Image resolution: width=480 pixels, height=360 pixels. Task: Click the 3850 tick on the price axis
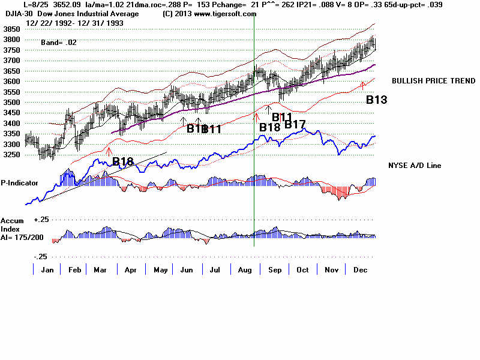[11, 29]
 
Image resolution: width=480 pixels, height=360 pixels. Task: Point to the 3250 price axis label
[11, 154]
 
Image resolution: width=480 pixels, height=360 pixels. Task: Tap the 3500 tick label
[11, 102]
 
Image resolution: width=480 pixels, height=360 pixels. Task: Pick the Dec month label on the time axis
[360, 269]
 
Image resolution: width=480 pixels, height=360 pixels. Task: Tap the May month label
[160, 269]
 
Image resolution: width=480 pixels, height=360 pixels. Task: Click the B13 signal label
[376, 100]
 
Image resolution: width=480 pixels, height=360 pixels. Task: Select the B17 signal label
[295, 125]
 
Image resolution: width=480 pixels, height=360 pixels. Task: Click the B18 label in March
[123, 161]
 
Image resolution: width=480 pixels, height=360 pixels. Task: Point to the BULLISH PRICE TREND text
[424, 80]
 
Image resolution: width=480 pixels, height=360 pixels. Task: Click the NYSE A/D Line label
[415, 165]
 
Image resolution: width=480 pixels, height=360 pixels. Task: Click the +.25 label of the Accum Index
[41, 220]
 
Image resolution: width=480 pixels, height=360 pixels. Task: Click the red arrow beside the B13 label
[362, 86]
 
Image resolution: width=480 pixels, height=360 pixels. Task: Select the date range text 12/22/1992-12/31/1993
[65, 23]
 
